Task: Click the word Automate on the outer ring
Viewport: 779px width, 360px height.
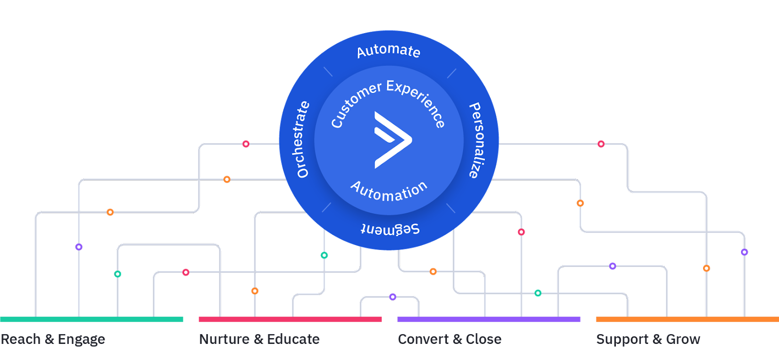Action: (x=388, y=51)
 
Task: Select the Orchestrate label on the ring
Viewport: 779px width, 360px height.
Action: (x=302, y=139)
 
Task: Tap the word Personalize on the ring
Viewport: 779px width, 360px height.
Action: (x=476, y=140)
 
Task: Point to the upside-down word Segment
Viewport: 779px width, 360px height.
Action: (x=390, y=228)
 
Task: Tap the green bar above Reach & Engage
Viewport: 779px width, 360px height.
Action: (x=92, y=320)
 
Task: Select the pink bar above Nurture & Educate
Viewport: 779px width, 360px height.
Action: (x=290, y=320)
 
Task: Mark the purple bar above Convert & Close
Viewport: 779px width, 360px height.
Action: (x=489, y=320)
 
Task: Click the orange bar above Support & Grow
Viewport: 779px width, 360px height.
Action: (x=687, y=320)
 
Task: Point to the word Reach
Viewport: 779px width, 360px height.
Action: (x=20, y=339)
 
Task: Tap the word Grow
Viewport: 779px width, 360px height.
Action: (x=683, y=339)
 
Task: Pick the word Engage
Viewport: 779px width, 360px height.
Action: (x=81, y=340)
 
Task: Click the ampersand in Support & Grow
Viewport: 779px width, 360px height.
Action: (x=657, y=339)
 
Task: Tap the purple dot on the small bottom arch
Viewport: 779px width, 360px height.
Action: (x=392, y=297)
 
